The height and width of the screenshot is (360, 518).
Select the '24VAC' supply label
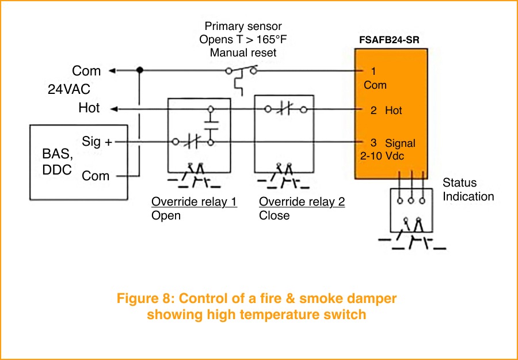[x=69, y=90]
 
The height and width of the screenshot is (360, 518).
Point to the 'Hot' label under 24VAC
[x=89, y=108]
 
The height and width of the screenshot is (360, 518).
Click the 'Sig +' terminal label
[x=97, y=142]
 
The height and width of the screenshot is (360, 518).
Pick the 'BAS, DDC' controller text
[x=58, y=162]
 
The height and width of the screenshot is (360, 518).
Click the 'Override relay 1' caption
[x=194, y=202]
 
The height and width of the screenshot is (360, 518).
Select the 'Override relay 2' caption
[x=302, y=202]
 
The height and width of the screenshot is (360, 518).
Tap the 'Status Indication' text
[x=468, y=190]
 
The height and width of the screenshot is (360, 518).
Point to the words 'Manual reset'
[x=243, y=52]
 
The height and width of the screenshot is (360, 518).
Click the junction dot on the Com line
[x=139, y=70]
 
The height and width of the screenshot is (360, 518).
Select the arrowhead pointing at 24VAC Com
[x=113, y=71]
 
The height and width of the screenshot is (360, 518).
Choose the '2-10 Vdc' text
[x=381, y=155]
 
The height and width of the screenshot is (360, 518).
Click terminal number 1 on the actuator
[x=374, y=71]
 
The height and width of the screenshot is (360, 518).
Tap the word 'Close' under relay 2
[x=274, y=215]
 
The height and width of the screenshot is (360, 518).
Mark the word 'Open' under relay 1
[x=166, y=215]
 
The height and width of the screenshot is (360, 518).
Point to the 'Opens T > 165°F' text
[x=243, y=40]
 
